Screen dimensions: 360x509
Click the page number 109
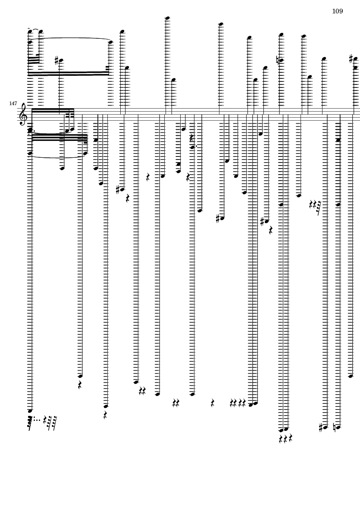[337, 11]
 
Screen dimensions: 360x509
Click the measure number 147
[13, 103]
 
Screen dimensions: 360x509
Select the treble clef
[23, 114]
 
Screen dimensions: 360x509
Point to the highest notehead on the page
[168, 18]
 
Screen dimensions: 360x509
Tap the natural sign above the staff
[278, 60]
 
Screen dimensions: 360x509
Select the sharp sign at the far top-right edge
[351, 59]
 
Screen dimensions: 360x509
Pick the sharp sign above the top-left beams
[56, 60]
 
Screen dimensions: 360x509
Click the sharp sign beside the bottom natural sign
[321, 428]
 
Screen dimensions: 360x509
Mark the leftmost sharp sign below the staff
[118, 190]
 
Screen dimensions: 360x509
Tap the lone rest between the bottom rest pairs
[213, 403]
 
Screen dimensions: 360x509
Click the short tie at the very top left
[35, 30]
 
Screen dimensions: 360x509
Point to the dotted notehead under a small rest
[192, 147]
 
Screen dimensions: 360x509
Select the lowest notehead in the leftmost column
[30, 411]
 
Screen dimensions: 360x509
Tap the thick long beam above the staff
[69, 74]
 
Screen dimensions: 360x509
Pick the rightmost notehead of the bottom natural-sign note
[338, 428]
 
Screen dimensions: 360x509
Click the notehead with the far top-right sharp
[355, 59]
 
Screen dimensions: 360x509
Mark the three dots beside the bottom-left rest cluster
[37, 420]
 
